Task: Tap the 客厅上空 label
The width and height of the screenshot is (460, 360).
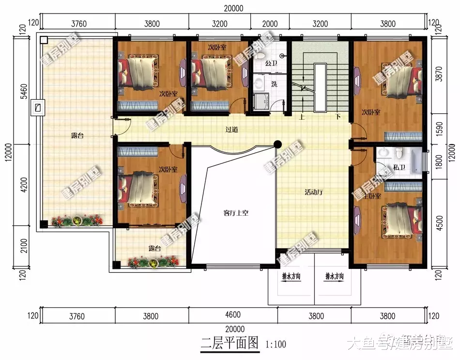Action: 236,213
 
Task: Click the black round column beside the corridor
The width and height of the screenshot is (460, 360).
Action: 278,144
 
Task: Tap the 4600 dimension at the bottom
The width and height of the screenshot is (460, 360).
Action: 233,316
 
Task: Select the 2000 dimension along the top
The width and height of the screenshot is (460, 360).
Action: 270,23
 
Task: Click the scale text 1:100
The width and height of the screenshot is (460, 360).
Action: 276,345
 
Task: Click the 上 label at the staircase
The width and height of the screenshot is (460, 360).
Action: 302,117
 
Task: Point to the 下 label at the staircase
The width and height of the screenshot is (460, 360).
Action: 338,117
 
